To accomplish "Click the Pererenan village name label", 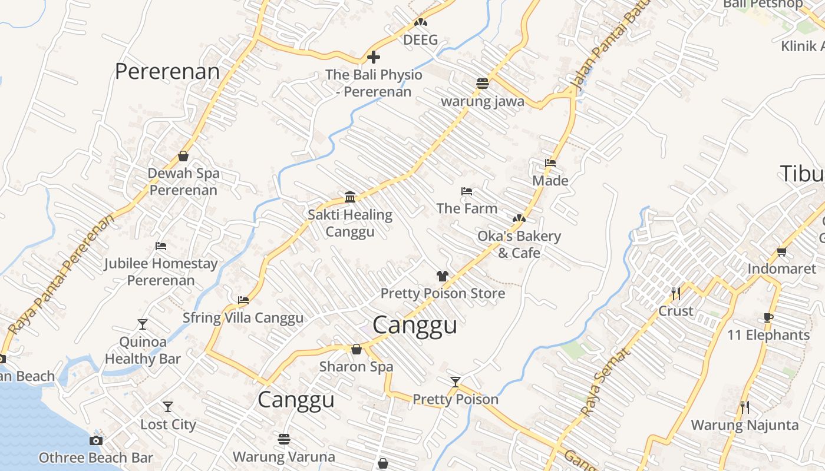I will [167, 71].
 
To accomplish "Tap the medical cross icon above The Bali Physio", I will [374, 57].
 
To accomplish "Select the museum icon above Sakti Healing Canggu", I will [350, 196].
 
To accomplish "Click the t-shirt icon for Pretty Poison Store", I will [443, 276].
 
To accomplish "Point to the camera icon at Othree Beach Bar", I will [96, 440].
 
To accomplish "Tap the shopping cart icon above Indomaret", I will [781, 252].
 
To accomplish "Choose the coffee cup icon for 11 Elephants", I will [768, 318].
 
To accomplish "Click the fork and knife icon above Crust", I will [675, 293].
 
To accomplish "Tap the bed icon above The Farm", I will [467, 191].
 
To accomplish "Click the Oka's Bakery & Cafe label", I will [519, 244].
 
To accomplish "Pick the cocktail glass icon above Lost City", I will [168, 407].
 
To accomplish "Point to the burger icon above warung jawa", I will [483, 84].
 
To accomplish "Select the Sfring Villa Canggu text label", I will [243, 318].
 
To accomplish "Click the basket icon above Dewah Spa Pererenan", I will [183, 156].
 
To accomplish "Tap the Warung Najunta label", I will [745, 424].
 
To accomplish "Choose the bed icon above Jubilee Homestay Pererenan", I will [161, 246].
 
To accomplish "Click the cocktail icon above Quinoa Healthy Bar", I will [143, 324].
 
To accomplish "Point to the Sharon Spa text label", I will [356, 366].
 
